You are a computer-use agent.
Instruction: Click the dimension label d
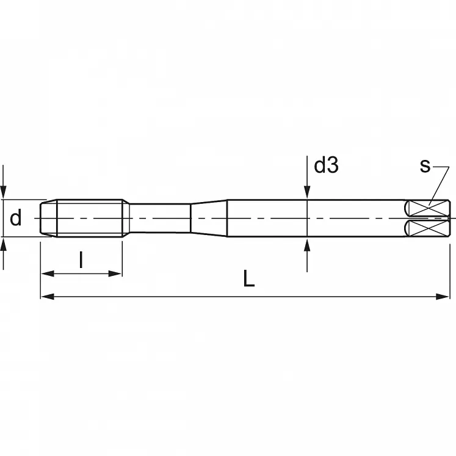16,218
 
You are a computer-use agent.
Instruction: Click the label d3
326,165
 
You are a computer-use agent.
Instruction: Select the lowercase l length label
81,261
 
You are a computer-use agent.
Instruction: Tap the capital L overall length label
248,280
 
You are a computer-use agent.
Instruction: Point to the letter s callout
425,165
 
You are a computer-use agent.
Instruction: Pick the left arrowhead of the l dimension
46,273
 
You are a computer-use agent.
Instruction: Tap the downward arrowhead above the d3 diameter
306,193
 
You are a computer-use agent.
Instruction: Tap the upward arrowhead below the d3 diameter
306,244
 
